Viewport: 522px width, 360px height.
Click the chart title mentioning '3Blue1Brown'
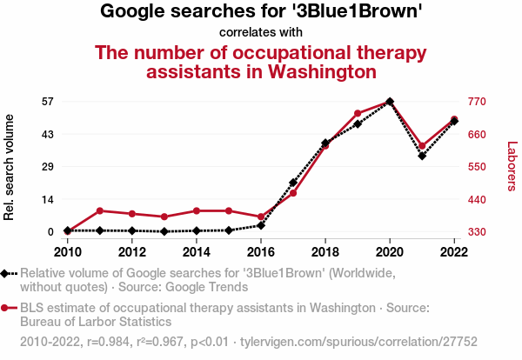261,11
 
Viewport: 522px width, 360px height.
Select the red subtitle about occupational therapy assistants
261,61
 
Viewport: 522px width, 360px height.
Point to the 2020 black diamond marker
389,102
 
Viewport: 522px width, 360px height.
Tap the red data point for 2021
422,146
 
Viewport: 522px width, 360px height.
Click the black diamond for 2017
293,183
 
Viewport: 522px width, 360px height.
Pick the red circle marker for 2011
100,210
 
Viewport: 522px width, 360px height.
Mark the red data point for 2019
358,113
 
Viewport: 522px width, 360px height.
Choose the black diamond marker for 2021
422,156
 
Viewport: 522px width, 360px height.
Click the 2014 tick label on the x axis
197,252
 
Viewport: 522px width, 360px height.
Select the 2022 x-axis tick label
454,252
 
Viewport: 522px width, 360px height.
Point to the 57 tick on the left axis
49,101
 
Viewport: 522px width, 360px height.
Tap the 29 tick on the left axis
49,166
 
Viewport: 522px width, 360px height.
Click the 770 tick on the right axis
477,101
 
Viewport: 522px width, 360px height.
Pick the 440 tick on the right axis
477,199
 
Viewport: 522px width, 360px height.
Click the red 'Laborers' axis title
512,166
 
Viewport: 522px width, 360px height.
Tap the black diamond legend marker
7,273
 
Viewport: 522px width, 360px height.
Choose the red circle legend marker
7,308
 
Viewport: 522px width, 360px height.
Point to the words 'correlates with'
261,32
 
